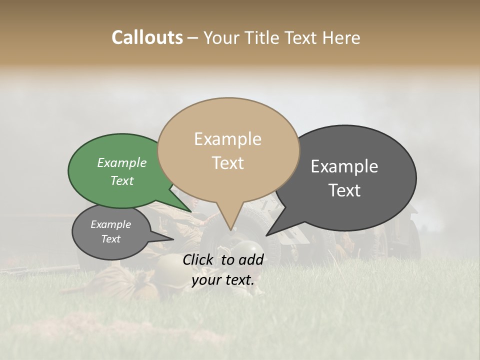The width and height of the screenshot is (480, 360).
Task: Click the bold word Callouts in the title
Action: click(147, 37)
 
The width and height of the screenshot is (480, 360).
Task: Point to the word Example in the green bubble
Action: click(122, 162)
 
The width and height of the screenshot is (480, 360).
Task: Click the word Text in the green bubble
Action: click(122, 180)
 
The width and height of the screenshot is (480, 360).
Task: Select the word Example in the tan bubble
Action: click(227, 139)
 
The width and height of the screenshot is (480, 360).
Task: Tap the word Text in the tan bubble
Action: click(227, 162)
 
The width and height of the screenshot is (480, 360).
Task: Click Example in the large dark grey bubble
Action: click(344, 166)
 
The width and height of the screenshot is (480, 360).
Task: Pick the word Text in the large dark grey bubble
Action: click(344, 190)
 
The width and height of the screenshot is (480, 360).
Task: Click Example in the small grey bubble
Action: click(110, 224)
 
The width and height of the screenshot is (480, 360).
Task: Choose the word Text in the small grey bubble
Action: click(110, 239)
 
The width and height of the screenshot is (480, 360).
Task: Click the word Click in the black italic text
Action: click(198, 259)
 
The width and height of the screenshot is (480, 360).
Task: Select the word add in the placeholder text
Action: click(251, 259)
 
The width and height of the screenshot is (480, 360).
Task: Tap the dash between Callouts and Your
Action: click(192, 38)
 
